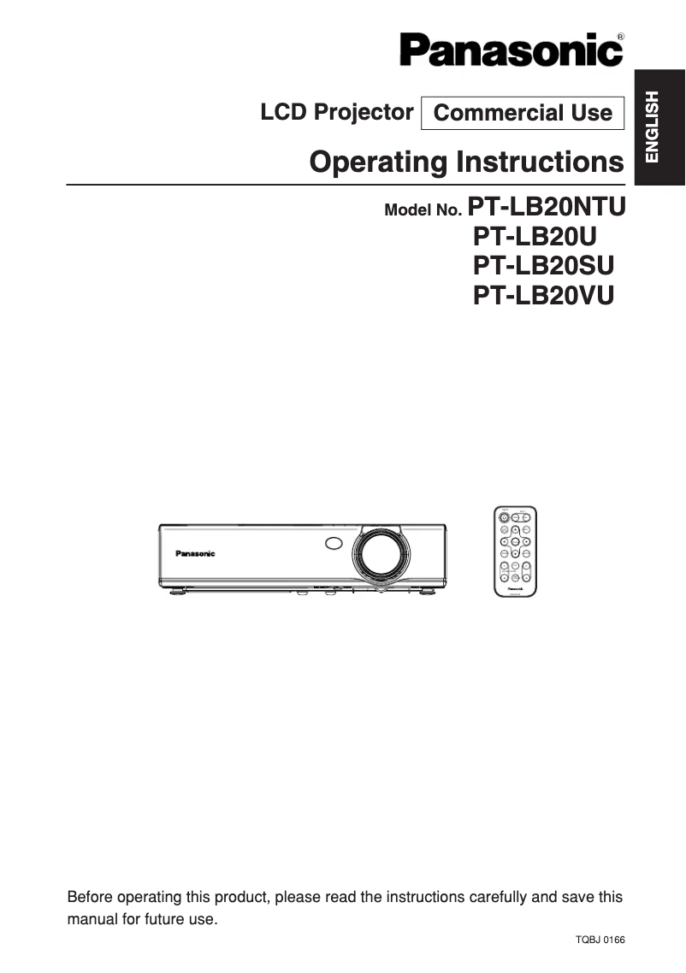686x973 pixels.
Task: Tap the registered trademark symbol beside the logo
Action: [619, 37]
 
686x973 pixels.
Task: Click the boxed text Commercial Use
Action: [523, 113]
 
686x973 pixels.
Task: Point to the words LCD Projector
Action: [337, 112]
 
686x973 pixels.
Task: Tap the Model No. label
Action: [424, 210]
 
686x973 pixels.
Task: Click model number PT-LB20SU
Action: [543, 266]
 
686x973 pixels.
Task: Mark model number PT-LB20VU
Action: [544, 295]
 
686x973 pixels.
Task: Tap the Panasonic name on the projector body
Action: [196, 554]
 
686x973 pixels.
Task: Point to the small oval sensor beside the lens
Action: [334, 542]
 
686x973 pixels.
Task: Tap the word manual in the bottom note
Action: [90, 920]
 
